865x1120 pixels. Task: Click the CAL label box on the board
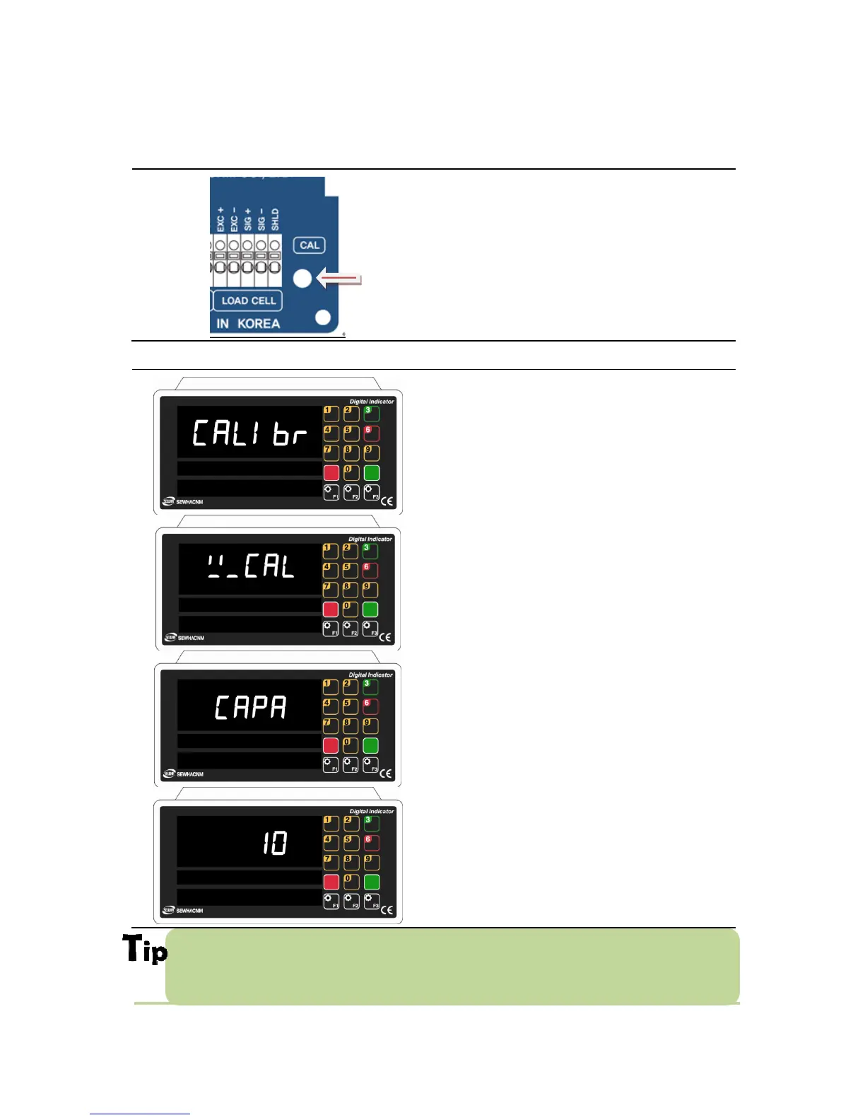pyautogui.click(x=309, y=245)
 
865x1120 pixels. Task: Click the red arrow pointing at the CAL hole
pyautogui.click(x=340, y=279)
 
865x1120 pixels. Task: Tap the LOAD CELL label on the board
pyautogui.click(x=248, y=301)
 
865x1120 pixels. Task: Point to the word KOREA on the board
pyautogui.click(x=259, y=324)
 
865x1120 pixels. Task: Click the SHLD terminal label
pyautogui.click(x=275, y=219)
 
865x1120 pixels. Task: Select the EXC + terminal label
pyautogui.click(x=220, y=219)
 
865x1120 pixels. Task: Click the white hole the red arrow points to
pyautogui.click(x=302, y=279)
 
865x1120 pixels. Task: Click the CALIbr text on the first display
pyautogui.click(x=249, y=433)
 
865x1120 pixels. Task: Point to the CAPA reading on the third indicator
pyautogui.click(x=251, y=707)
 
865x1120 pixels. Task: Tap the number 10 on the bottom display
pyautogui.click(x=275, y=843)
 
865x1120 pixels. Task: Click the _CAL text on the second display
pyautogui.click(x=251, y=566)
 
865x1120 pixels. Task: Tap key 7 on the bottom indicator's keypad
pyautogui.click(x=331, y=863)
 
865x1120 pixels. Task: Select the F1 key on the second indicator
pyautogui.click(x=331, y=629)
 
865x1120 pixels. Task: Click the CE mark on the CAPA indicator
pyautogui.click(x=385, y=774)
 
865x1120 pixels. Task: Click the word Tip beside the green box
pyautogui.click(x=146, y=949)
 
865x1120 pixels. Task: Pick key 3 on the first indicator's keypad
pyautogui.click(x=371, y=413)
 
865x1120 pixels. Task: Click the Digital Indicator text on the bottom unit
pyautogui.click(x=372, y=811)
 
